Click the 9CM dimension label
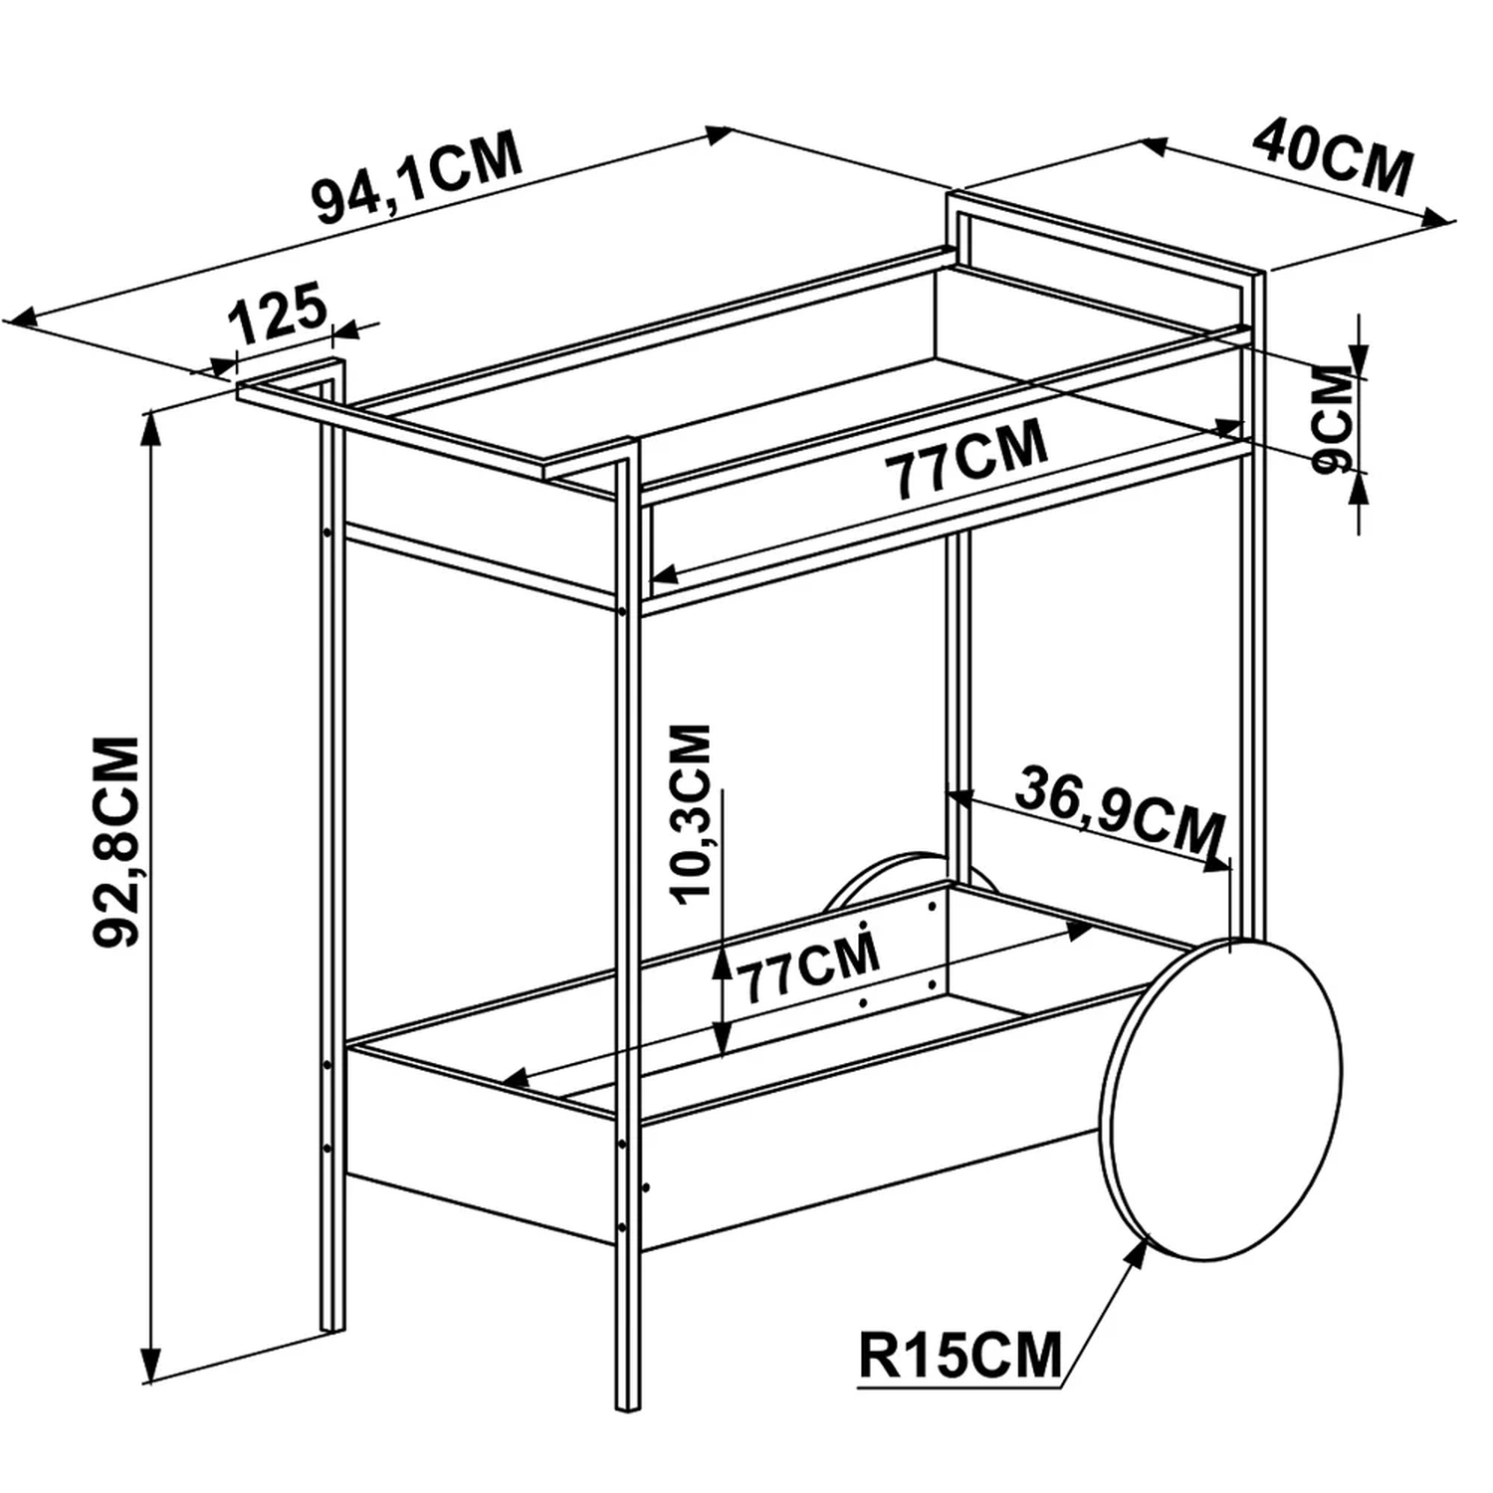(1335, 418)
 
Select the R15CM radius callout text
(960, 1354)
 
